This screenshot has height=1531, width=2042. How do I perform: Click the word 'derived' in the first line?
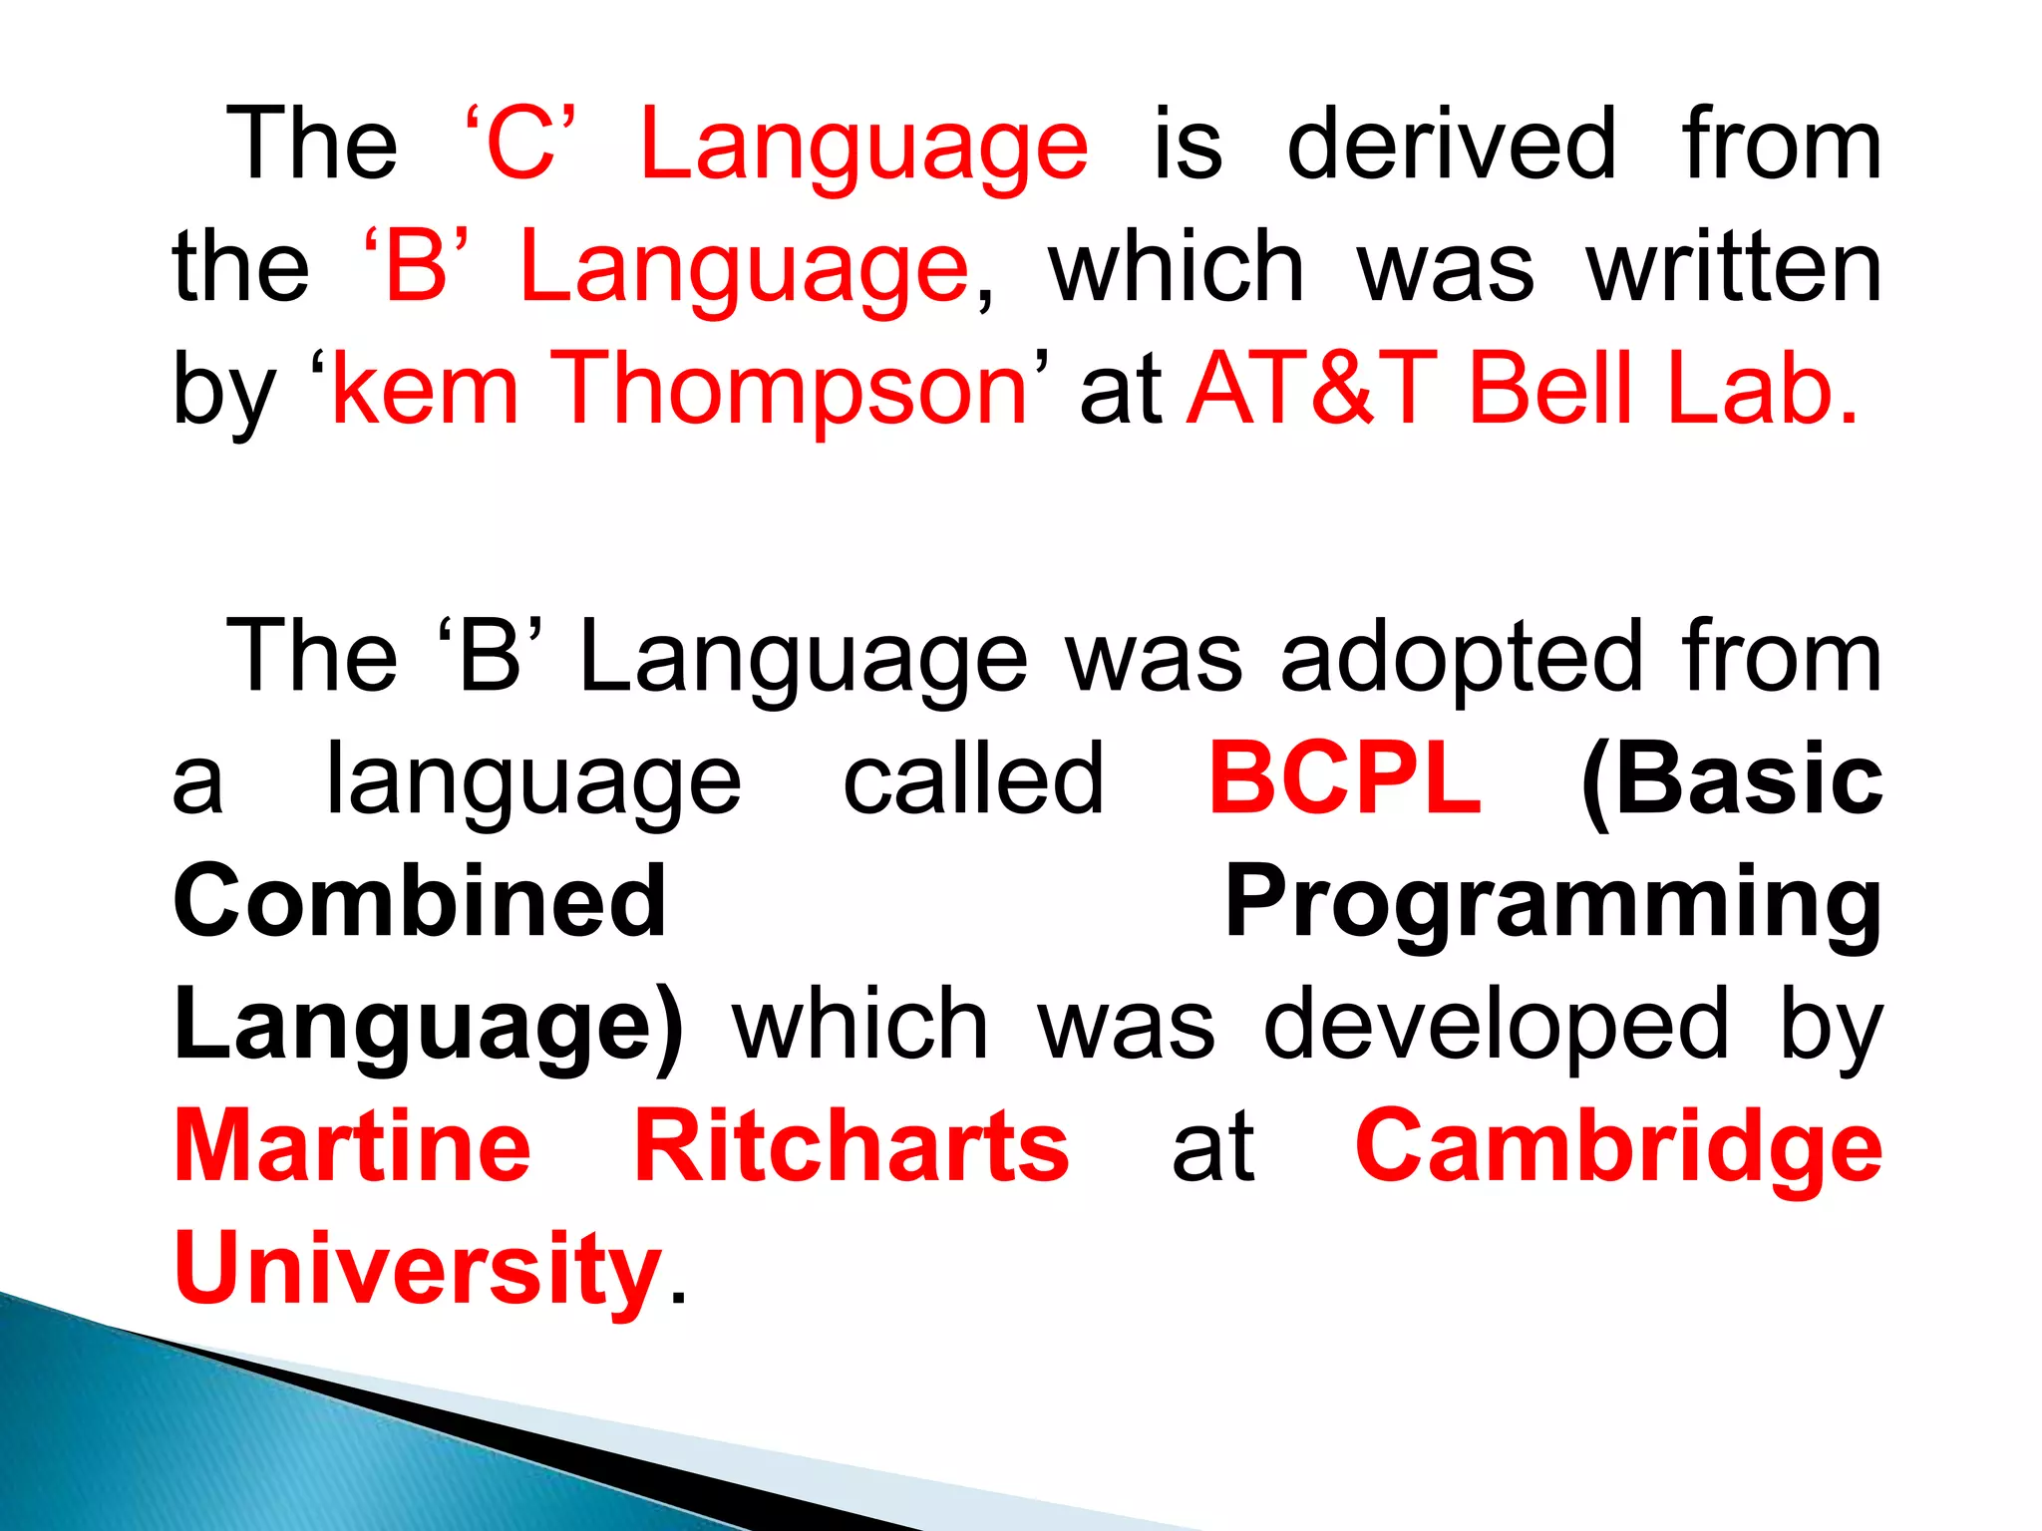click(x=1451, y=146)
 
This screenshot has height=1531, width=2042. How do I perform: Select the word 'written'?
click(x=1734, y=267)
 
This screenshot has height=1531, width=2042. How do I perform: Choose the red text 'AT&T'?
click(x=1313, y=389)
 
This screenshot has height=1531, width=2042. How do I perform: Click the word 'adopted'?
click(x=1461, y=658)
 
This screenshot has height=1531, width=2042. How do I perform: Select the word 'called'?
click(x=973, y=779)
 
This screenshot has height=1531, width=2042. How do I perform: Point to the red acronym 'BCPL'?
click(x=1345, y=779)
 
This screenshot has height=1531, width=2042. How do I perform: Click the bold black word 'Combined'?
click(x=420, y=901)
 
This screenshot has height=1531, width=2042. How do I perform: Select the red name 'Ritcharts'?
click(x=851, y=1146)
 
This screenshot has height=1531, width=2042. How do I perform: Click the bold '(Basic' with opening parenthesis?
click(x=1732, y=779)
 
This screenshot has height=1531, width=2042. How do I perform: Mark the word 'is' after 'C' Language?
click(x=1188, y=146)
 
